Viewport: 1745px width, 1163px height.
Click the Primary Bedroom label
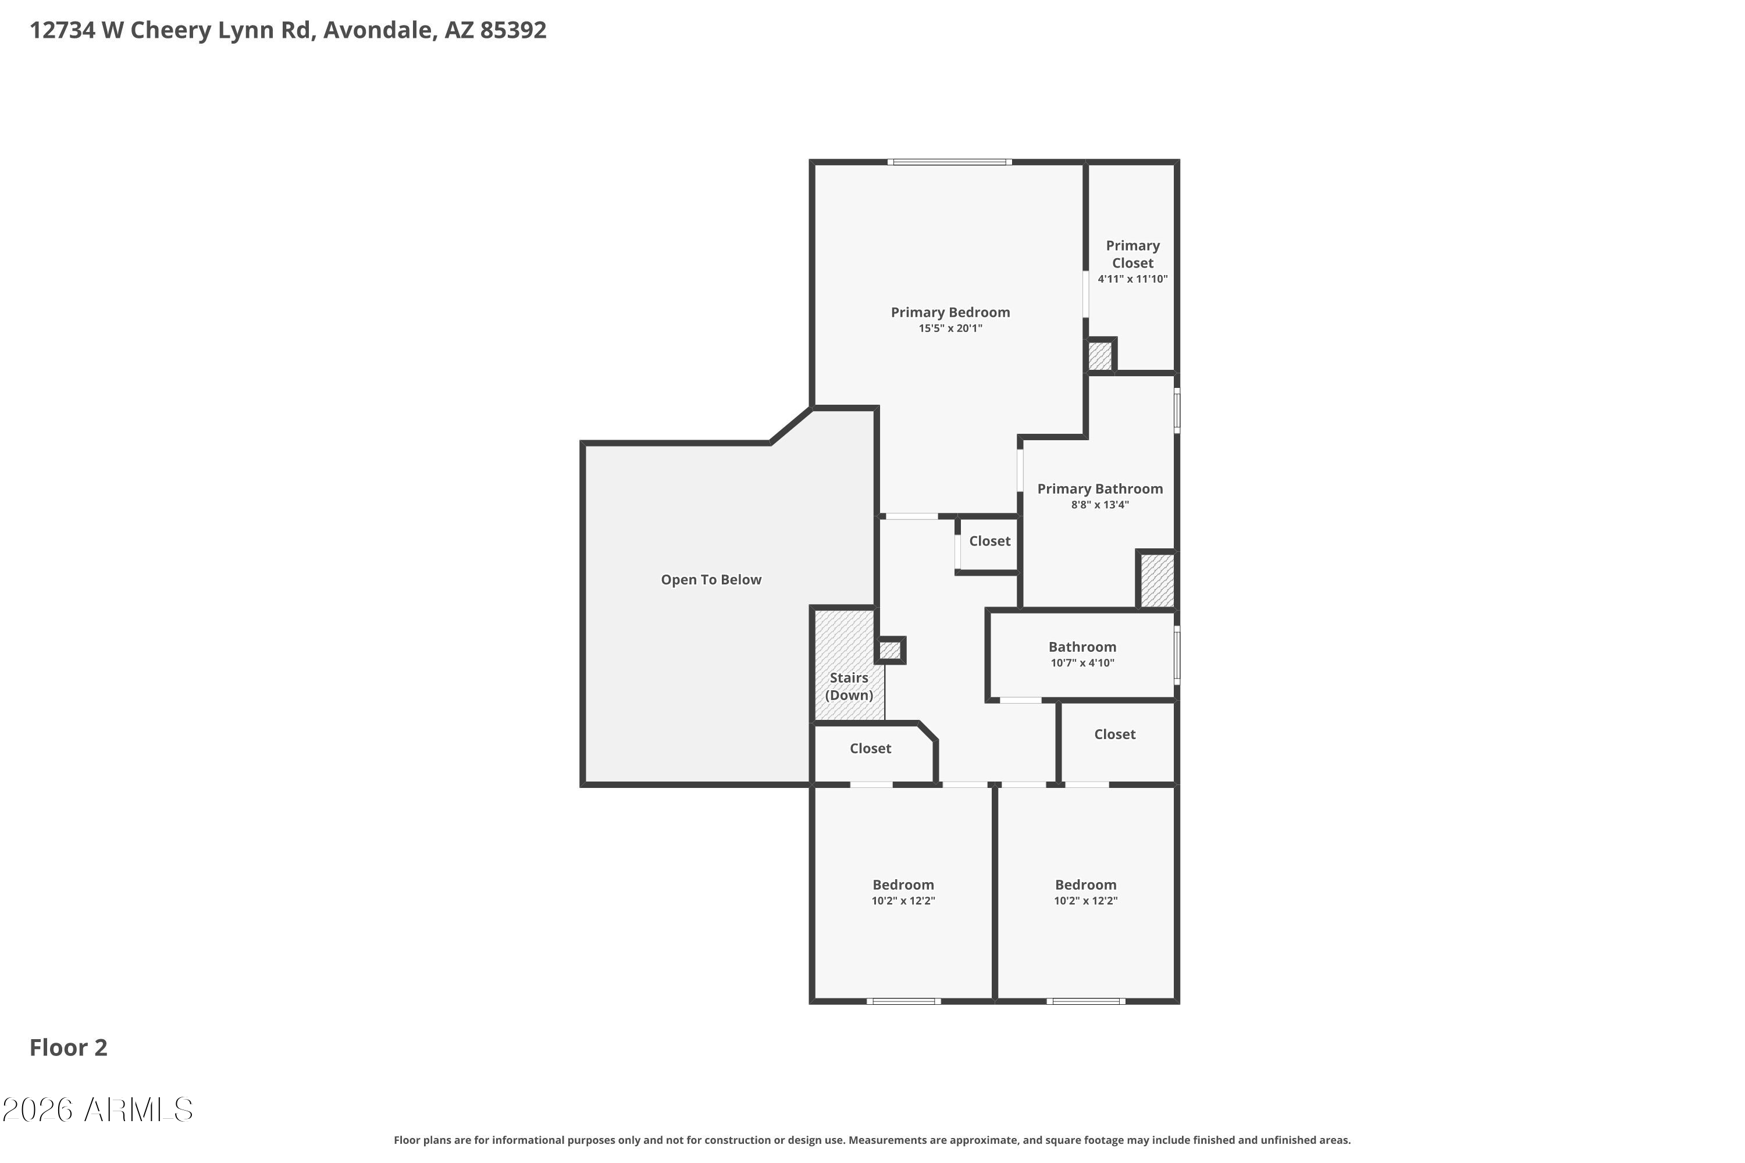950,312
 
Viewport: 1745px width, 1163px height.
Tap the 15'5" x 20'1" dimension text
950,329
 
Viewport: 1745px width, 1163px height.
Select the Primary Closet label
1132,254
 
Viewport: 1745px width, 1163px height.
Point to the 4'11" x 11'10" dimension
1132,280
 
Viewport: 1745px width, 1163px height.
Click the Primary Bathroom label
1099,489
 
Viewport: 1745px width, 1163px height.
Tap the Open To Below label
711,580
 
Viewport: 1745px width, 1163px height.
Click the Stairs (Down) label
849,686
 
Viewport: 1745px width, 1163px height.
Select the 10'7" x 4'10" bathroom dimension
1082,663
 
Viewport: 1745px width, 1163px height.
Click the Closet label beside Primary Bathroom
989,541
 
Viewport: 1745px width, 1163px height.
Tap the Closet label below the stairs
870,748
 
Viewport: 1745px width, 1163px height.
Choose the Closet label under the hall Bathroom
1114,734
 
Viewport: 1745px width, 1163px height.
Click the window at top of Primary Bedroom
949,162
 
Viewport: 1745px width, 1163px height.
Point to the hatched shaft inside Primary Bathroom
1157,580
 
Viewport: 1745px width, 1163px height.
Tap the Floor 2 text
68,1048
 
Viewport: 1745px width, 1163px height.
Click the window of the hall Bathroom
1177,655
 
